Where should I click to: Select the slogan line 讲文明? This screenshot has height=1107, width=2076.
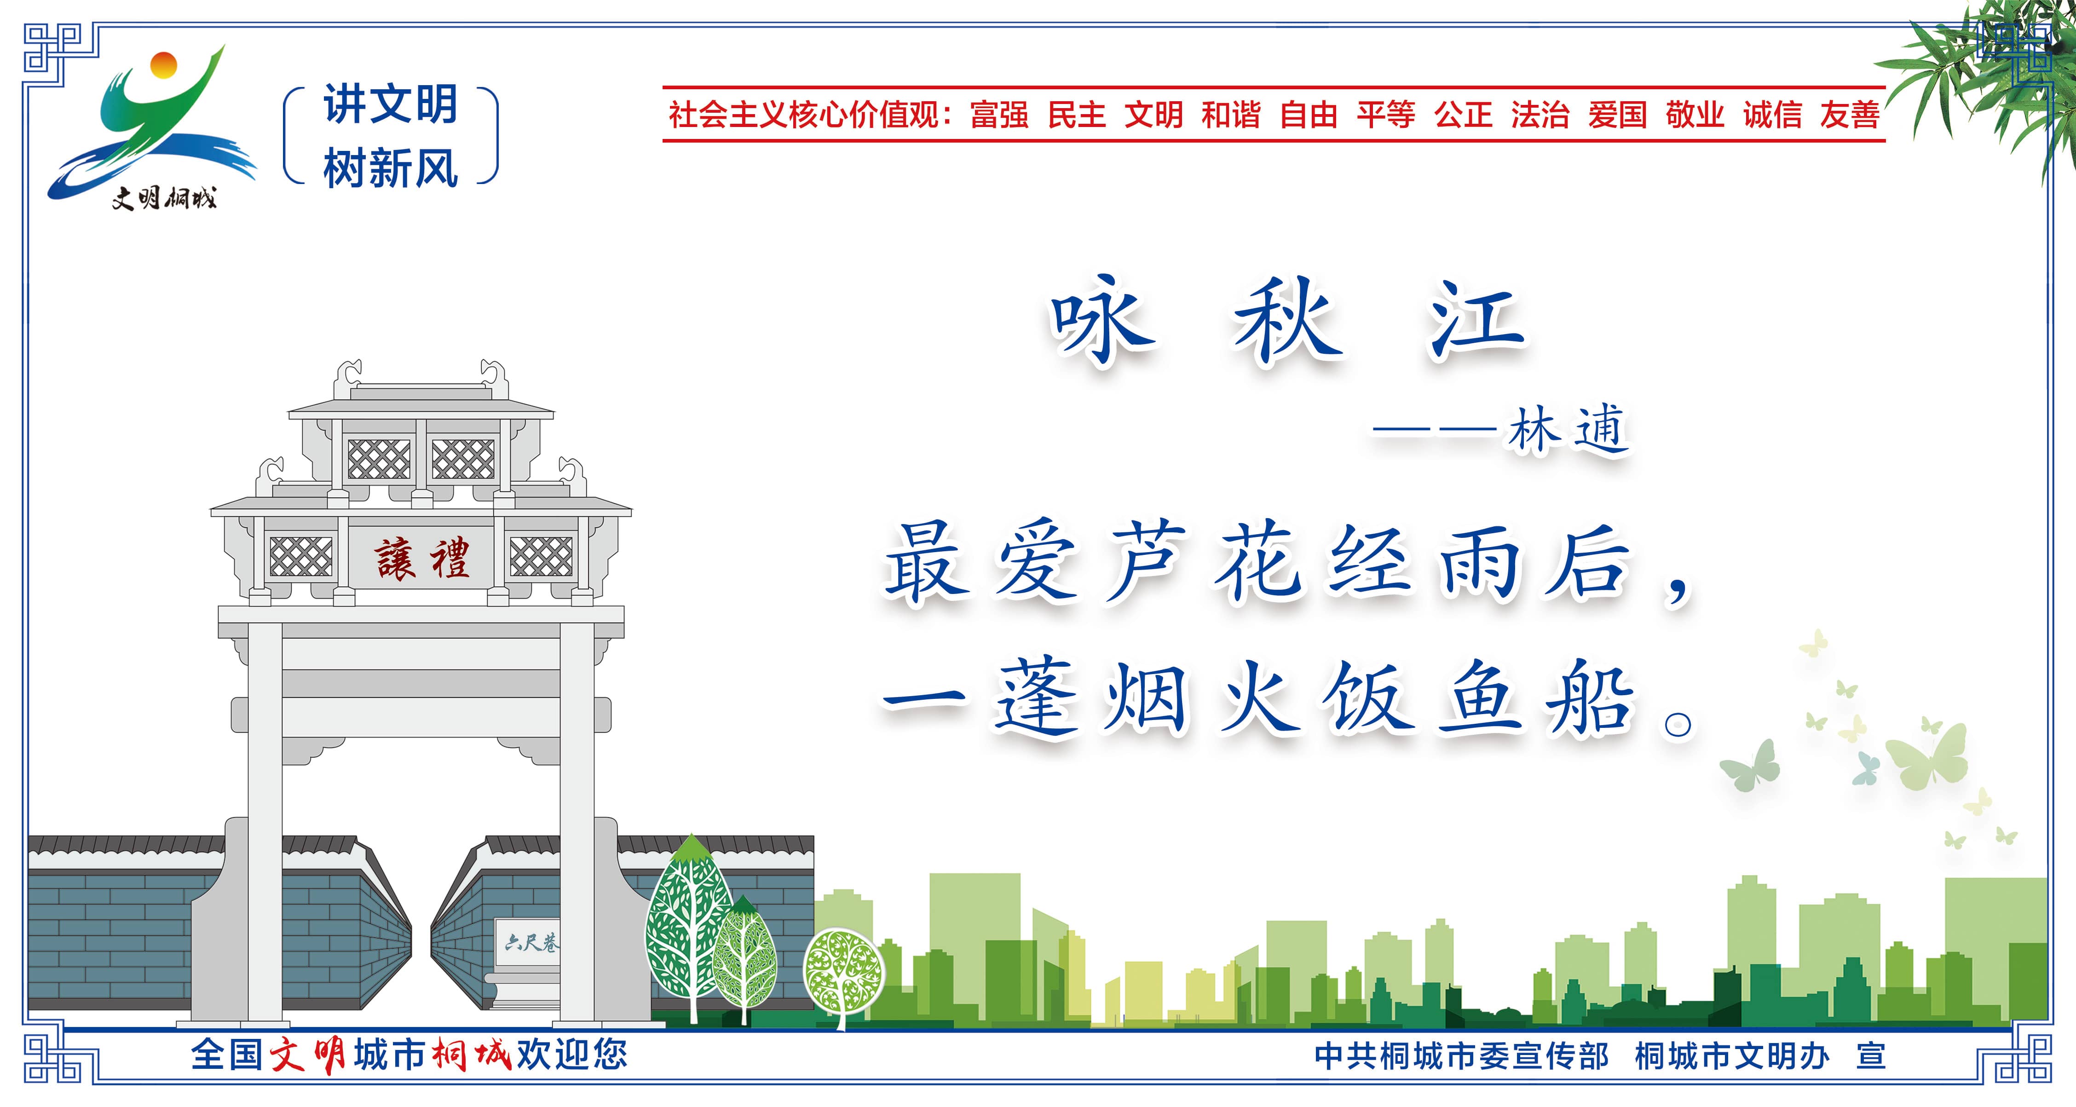[391, 105]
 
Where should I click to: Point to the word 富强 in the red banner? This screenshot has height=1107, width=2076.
[999, 115]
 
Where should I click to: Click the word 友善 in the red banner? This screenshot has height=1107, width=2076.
[1851, 115]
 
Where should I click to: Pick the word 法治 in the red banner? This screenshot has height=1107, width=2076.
[1540, 115]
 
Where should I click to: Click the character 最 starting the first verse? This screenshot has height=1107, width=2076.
[927, 562]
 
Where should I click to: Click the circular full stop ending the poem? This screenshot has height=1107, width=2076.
[1678, 725]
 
